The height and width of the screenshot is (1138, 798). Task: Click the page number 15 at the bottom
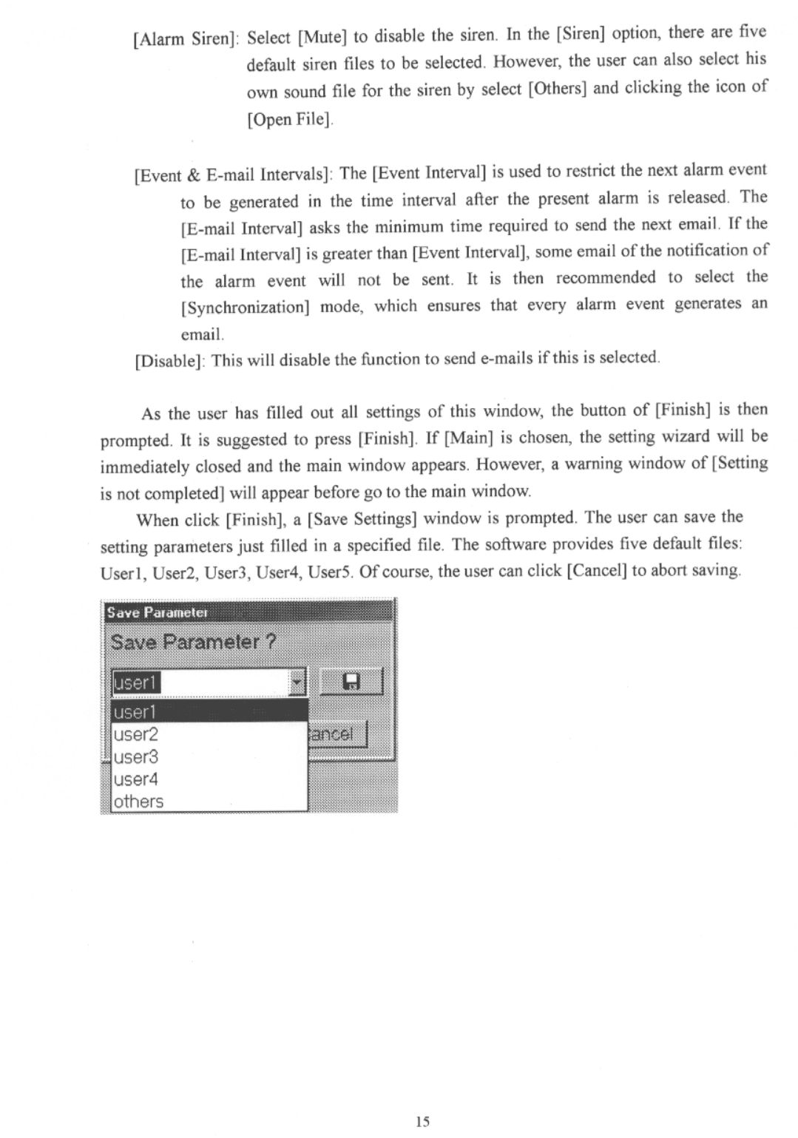point(422,1121)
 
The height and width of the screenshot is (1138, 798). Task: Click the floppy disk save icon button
point(351,682)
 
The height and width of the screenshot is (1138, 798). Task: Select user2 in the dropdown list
point(136,734)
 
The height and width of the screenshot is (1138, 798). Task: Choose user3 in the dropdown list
point(136,756)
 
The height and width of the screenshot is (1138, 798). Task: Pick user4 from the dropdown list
point(136,779)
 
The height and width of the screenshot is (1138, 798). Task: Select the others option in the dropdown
point(138,801)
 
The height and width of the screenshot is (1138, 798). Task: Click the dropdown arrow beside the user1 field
point(297,682)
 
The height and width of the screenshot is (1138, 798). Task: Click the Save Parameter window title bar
point(248,612)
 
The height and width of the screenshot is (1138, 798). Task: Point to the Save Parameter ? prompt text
point(193,641)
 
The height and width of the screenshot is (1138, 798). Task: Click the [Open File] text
point(290,119)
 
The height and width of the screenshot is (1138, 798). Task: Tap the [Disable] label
point(170,362)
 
